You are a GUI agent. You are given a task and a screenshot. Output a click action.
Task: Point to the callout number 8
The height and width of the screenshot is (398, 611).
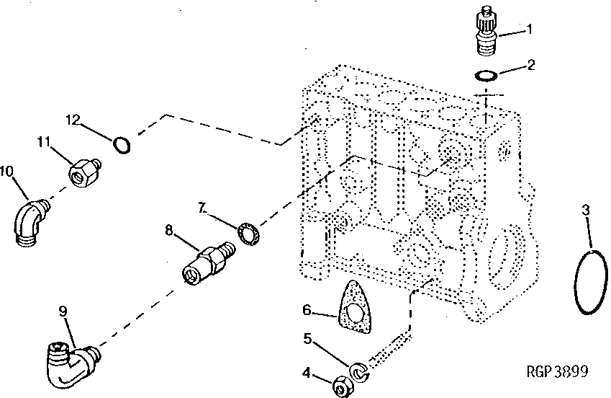pyautogui.click(x=169, y=231)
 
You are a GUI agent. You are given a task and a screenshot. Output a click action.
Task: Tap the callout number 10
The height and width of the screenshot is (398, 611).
pyautogui.click(x=7, y=171)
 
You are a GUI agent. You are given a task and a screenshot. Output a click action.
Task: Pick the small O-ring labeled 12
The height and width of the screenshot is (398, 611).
pyautogui.click(x=123, y=146)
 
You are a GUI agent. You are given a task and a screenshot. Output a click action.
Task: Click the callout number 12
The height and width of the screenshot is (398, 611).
pyautogui.click(x=74, y=118)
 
